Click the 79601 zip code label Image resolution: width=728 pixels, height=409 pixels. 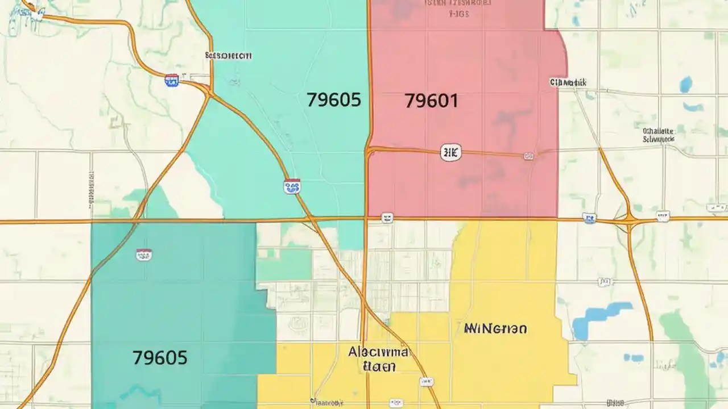pos(431,101)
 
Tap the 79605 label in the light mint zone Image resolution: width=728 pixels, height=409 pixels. pos(334,100)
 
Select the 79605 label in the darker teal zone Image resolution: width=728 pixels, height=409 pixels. pos(160,358)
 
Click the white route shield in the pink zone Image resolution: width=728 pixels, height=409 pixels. pos(450,152)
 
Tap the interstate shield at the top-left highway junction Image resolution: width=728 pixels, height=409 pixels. pos(171,81)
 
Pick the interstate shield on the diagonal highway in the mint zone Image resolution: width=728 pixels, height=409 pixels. pos(292,186)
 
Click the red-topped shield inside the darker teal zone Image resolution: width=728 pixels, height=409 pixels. pos(144,254)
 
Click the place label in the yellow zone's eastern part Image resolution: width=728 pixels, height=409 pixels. pos(495,329)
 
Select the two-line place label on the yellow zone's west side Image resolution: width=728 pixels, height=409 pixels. pos(378,359)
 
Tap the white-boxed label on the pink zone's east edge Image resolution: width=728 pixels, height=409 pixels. pos(568,83)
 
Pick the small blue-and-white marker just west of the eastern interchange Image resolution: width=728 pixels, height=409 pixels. pos(589,218)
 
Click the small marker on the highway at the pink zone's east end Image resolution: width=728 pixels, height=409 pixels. pos(529,155)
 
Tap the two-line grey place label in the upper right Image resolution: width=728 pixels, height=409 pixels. pos(659,134)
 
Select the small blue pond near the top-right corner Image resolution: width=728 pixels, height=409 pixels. pos(686,84)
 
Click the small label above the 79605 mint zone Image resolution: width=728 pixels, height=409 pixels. pos(228,56)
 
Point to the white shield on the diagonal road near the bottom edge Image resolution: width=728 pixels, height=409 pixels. pos(426,382)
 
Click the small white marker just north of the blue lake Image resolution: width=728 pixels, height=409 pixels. pos(605,282)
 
